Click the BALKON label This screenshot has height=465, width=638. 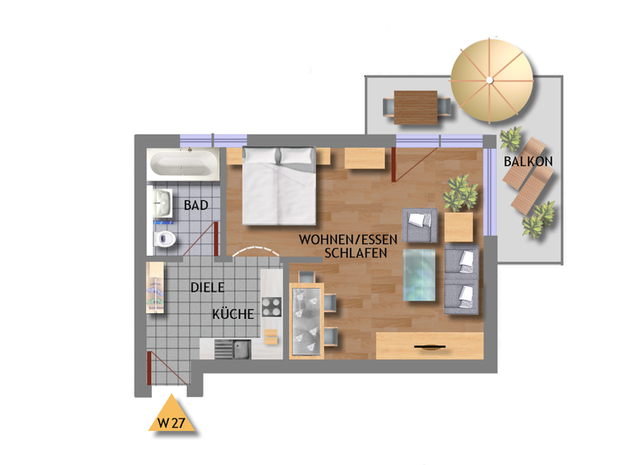(x=528, y=160)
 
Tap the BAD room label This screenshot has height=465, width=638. (x=195, y=204)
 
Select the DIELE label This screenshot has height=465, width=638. (x=208, y=287)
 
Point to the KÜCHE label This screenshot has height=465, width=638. (x=233, y=315)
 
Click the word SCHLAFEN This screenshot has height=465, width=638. (x=355, y=254)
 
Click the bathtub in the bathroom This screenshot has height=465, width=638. (x=184, y=164)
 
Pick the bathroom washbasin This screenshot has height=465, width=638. (x=161, y=201)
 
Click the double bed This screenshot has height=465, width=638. (x=278, y=187)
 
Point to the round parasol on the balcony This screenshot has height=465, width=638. (x=491, y=81)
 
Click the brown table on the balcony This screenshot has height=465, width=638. (x=416, y=106)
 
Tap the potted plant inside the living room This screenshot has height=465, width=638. (x=461, y=194)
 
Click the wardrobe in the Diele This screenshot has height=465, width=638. (x=155, y=288)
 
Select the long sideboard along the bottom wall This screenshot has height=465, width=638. (x=429, y=345)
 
